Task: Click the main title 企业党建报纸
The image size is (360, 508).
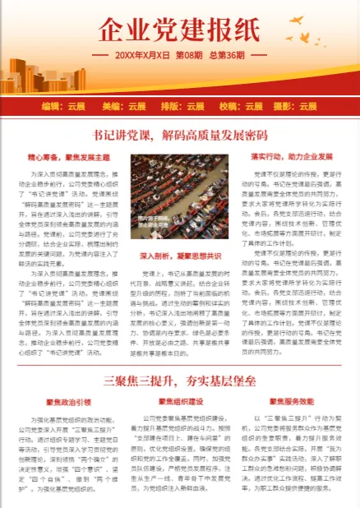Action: click(x=180, y=30)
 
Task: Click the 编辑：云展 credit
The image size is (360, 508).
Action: click(x=63, y=106)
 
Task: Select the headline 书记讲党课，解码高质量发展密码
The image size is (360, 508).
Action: click(x=180, y=135)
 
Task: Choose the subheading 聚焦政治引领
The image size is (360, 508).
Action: click(x=68, y=402)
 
